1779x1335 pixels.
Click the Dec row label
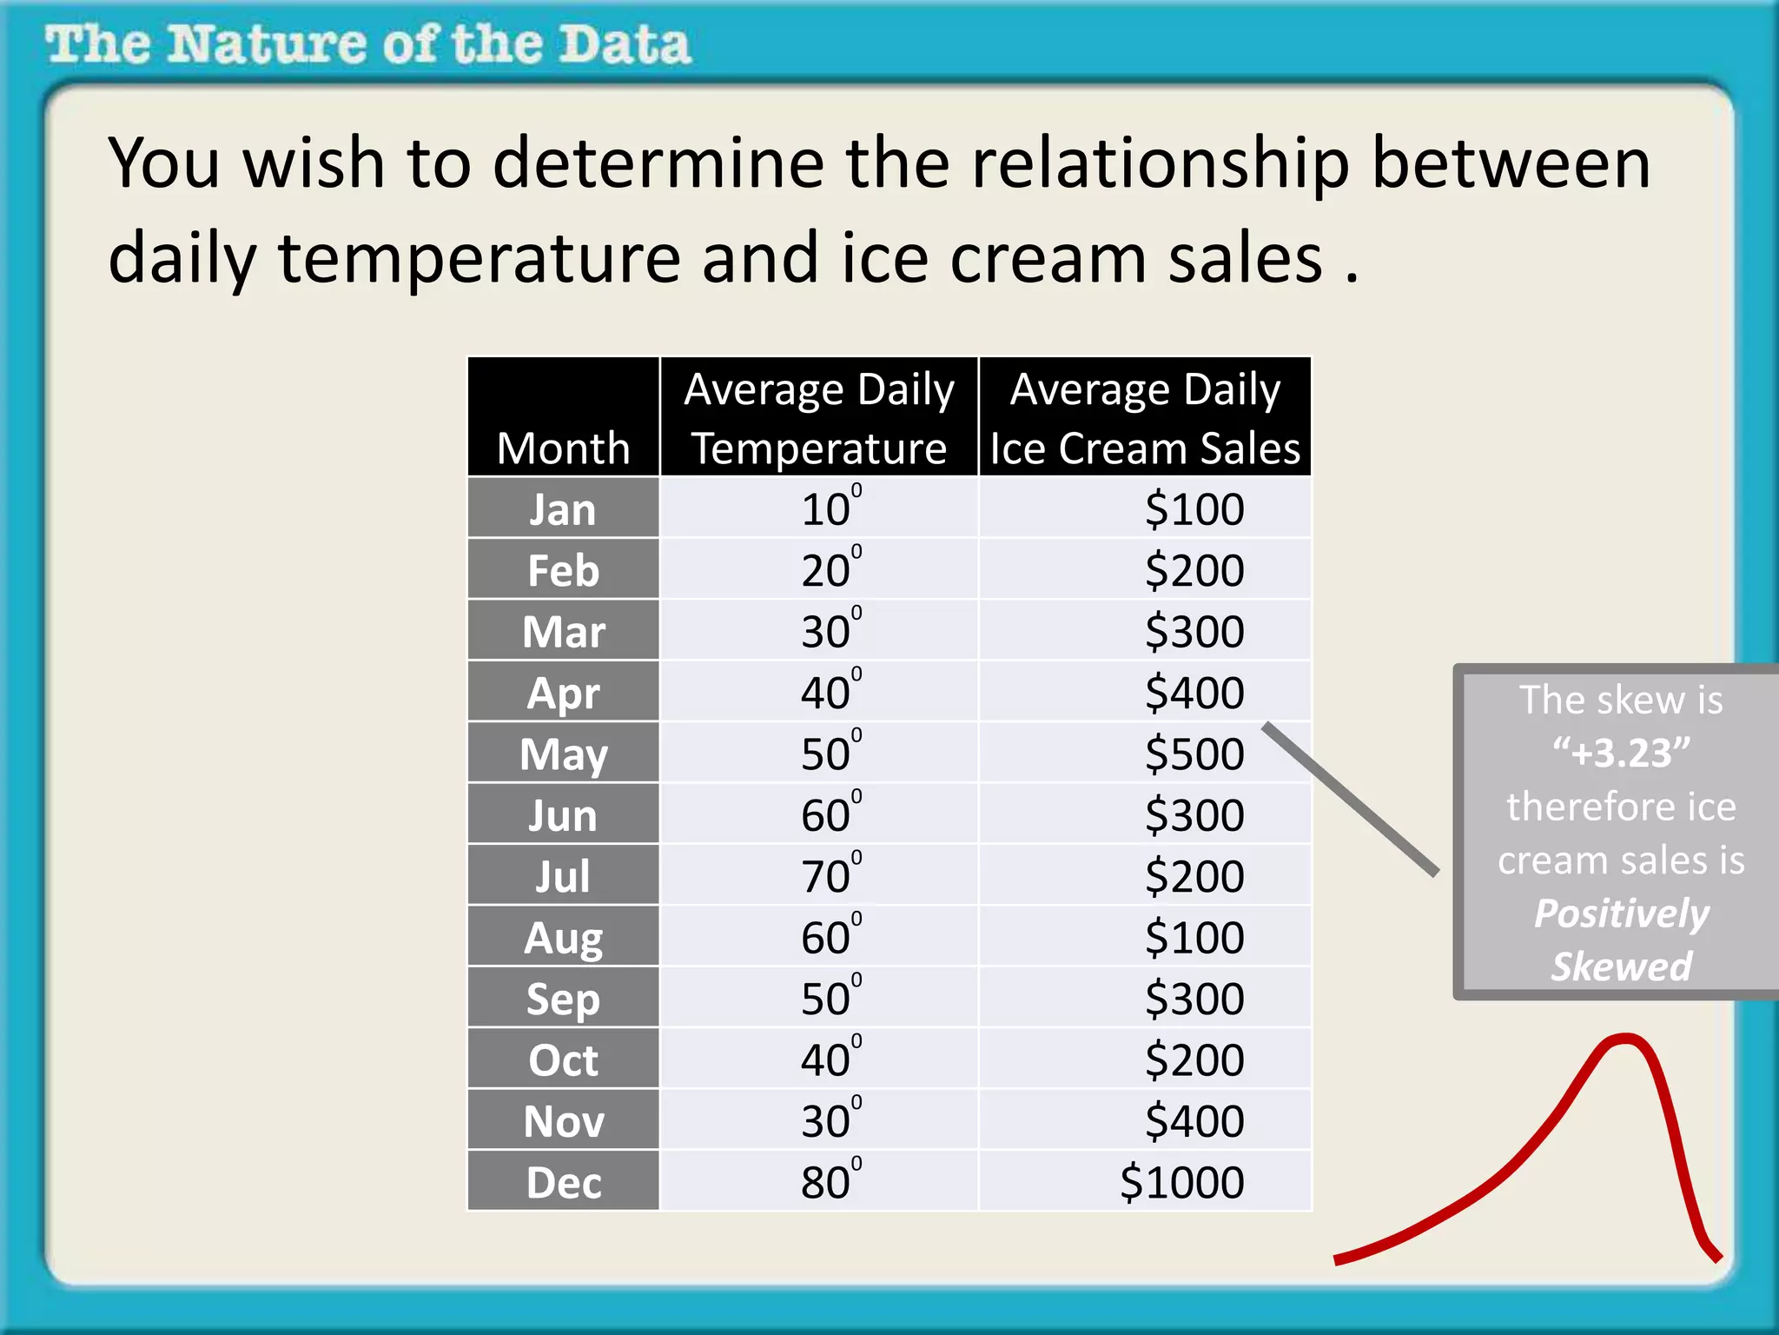coord(563,1182)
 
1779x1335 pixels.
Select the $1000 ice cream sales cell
coord(1181,1182)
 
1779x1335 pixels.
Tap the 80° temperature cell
coord(830,1182)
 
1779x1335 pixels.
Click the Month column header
coord(563,448)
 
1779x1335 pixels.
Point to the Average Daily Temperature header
coord(818,418)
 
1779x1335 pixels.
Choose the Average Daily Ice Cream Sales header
coord(1145,418)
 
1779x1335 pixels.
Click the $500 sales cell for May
coord(1194,754)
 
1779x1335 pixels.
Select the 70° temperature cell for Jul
coord(830,876)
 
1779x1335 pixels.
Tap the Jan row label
coord(563,509)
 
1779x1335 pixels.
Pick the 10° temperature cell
coord(830,509)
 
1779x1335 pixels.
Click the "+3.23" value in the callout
coord(1621,753)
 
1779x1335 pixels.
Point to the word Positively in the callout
coord(1621,913)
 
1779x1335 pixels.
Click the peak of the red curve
coord(1623,1037)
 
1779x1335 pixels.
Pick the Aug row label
coord(563,938)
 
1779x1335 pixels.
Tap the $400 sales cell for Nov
coord(1194,1121)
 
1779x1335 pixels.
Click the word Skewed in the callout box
coord(1621,966)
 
